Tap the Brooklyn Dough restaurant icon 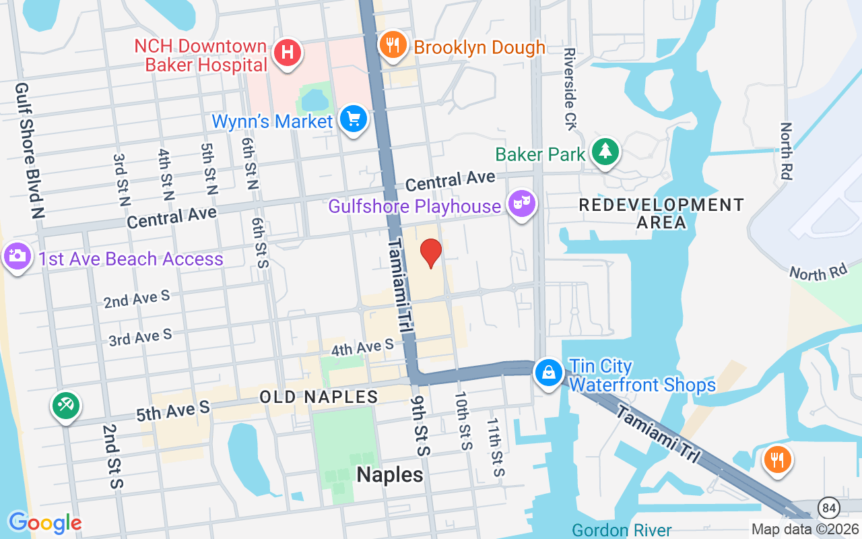pyautogui.click(x=391, y=45)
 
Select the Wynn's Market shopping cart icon pyautogui.click(x=353, y=119)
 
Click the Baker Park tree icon pyautogui.click(x=605, y=152)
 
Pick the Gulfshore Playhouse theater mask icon pyautogui.click(x=521, y=203)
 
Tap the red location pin pyautogui.click(x=431, y=253)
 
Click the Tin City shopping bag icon pyautogui.click(x=549, y=373)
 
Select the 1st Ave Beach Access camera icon pyautogui.click(x=17, y=257)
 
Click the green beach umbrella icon pyautogui.click(x=66, y=406)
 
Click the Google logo pyautogui.click(x=45, y=522)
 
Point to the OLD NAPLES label pyautogui.click(x=319, y=397)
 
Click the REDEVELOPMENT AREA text pyautogui.click(x=661, y=213)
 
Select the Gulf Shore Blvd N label pyautogui.click(x=30, y=150)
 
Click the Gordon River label pyautogui.click(x=622, y=530)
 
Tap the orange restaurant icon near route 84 pyautogui.click(x=777, y=460)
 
